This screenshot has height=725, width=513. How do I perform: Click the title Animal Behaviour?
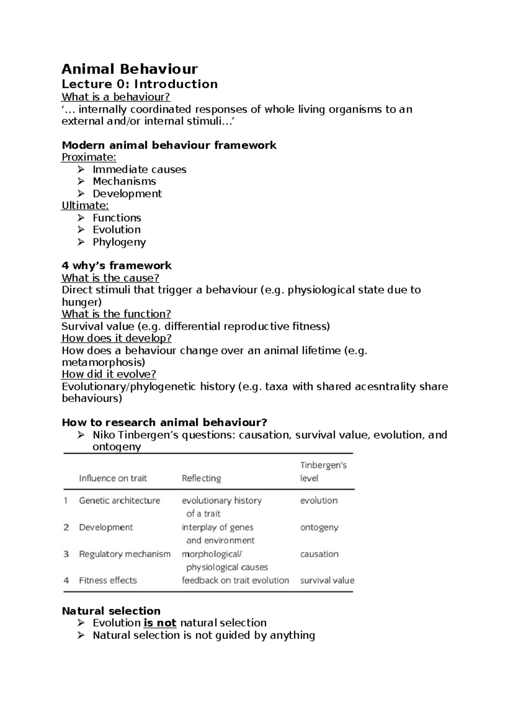coord(130,69)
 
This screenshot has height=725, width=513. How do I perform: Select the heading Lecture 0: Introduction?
coord(139,84)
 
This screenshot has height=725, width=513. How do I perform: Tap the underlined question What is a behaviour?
coord(116,97)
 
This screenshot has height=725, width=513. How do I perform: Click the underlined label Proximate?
coord(89,157)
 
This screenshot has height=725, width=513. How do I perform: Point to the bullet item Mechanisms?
coord(124,181)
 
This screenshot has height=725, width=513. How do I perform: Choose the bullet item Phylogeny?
coord(119,242)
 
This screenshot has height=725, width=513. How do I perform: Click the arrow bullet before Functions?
coord(81,218)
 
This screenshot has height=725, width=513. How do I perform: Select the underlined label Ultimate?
coord(85,206)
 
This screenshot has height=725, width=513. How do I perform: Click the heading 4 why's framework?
coord(117,265)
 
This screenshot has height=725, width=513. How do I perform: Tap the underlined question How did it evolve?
coord(109,374)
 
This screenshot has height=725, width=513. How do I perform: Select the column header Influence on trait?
coord(113,478)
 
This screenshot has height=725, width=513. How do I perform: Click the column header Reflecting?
coord(201,478)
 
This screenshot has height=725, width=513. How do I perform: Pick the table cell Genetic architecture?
coord(119,501)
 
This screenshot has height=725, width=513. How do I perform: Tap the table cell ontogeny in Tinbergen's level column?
coord(319,527)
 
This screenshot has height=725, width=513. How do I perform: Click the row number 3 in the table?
coord(66,554)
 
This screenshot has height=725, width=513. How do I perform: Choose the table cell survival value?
coord(327,581)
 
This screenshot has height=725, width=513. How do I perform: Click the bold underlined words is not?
coord(160,623)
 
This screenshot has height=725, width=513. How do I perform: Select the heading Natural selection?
coord(111,611)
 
